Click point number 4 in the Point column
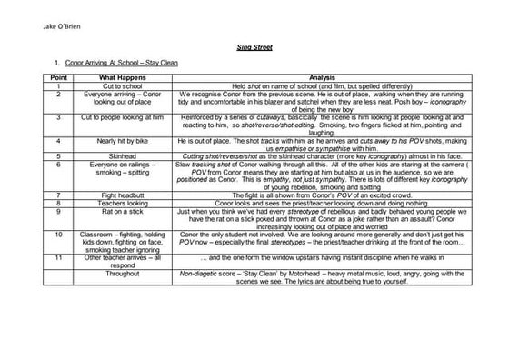coord(57,142)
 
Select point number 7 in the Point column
coord(57,195)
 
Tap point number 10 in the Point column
coord(57,234)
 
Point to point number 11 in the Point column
coord(57,257)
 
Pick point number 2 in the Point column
coord(57,94)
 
